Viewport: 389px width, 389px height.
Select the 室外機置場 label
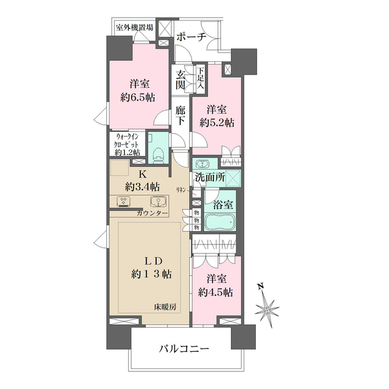(x=135, y=27)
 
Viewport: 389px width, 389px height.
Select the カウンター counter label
(x=153, y=214)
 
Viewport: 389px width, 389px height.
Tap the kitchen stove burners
(x=124, y=201)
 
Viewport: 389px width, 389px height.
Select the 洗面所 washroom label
(x=209, y=178)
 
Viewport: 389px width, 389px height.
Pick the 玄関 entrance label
(x=181, y=80)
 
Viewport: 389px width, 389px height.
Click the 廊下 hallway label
(x=181, y=115)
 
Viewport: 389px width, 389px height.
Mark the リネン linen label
(x=182, y=189)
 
